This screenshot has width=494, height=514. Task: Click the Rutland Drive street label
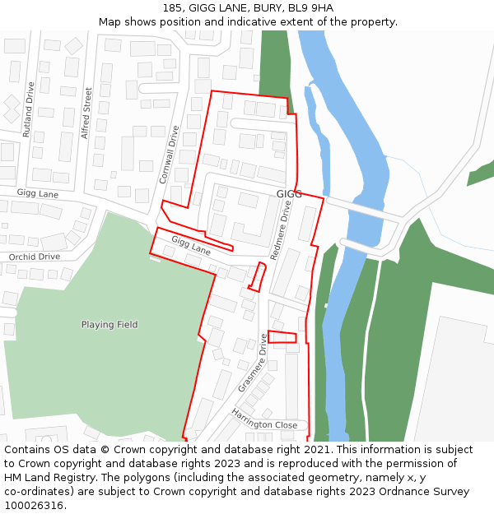coord(30,109)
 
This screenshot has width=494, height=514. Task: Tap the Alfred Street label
coord(86,113)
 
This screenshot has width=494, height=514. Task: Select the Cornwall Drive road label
coord(169,154)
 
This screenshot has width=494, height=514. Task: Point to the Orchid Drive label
coord(34,257)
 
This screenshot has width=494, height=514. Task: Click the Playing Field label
coord(110,325)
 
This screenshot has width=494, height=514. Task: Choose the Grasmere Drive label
coord(253,363)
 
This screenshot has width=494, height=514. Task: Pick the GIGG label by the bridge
coord(289,194)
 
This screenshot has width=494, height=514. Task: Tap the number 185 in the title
coord(172,8)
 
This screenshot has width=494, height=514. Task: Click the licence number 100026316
coord(35,505)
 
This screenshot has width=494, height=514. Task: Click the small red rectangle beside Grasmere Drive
coord(282,336)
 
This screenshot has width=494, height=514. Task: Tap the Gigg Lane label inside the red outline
coord(191,244)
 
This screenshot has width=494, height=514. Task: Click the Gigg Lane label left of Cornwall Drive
coord(37,193)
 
